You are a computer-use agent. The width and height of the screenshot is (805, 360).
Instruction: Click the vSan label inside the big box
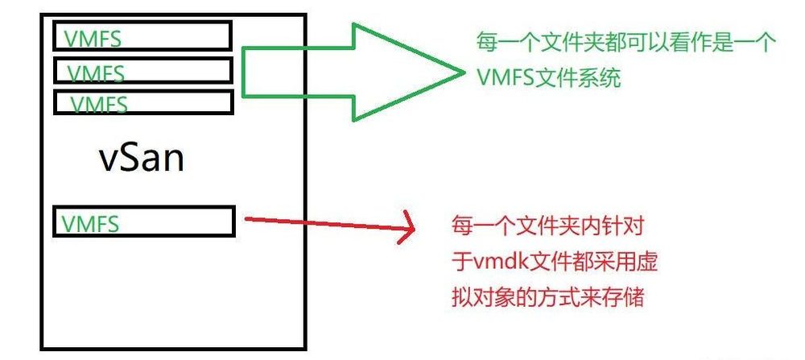click(x=142, y=158)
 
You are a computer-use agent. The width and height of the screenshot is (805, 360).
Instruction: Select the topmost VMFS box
click(x=142, y=36)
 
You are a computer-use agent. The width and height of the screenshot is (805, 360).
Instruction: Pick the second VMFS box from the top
click(x=143, y=70)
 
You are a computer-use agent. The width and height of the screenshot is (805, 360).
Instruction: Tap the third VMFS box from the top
click(x=143, y=102)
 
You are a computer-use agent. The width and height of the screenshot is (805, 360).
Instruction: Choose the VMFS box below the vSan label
click(x=144, y=221)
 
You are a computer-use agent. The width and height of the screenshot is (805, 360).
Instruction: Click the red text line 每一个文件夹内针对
click(x=547, y=227)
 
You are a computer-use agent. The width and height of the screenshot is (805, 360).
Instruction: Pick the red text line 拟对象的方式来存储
click(x=548, y=297)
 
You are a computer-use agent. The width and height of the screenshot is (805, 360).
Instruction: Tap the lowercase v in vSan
click(x=108, y=160)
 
